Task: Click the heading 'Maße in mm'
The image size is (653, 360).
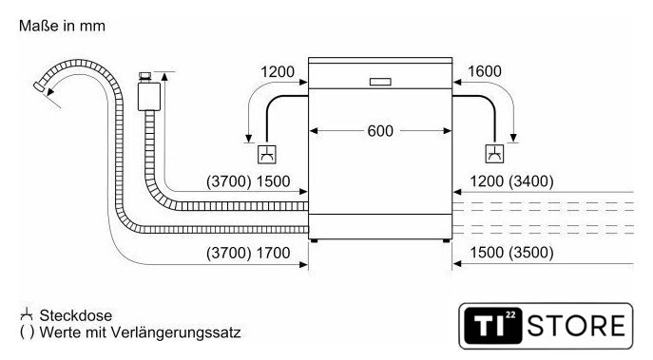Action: click(62, 26)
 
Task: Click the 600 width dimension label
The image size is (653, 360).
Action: click(380, 131)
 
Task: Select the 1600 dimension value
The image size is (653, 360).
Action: click(485, 71)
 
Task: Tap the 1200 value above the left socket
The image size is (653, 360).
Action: click(278, 71)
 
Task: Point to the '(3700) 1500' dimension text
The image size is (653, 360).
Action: click(248, 181)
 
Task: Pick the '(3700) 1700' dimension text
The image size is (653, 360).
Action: click(248, 253)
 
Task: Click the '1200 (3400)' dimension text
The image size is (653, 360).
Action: click(511, 181)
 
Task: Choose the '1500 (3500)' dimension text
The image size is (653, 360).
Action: click(511, 253)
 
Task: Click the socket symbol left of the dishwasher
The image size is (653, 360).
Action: click(267, 154)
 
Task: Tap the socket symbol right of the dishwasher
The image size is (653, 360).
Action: click(494, 154)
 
